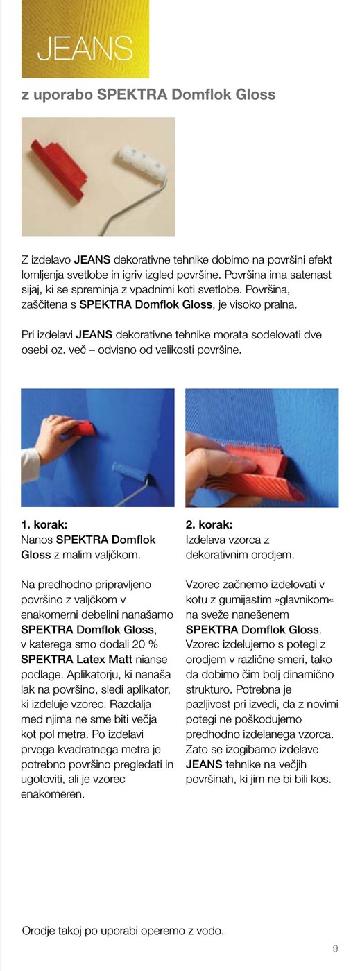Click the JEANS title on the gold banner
pos(85,48)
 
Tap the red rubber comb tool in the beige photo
pos(58,169)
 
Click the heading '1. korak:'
pos(44,524)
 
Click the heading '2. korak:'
pos(209,524)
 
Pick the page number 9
pos(335,949)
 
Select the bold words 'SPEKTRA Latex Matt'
pos(77,660)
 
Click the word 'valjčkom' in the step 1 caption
pos(119,555)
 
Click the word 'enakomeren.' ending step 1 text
pos(53,794)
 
